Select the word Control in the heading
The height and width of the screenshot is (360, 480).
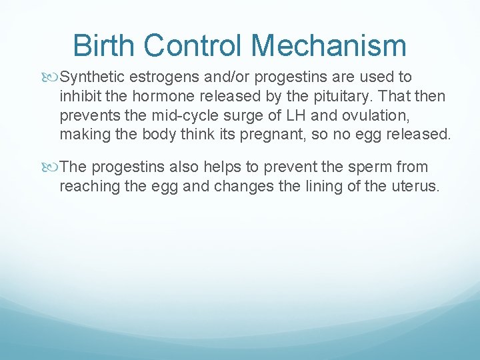click(x=197, y=45)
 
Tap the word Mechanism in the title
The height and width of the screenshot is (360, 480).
click(x=329, y=45)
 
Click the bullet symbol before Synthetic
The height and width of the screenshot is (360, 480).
click(x=53, y=77)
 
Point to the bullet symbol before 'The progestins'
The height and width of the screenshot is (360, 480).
click(x=53, y=167)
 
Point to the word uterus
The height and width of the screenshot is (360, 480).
click(x=417, y=186)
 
